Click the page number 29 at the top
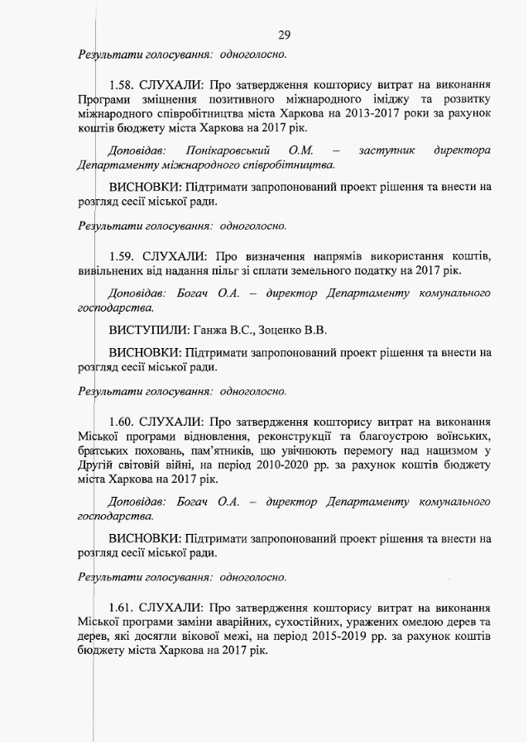pyautogui.click(x=284, y=35)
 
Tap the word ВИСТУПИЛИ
pyautogui.click(x=144, y=330)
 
